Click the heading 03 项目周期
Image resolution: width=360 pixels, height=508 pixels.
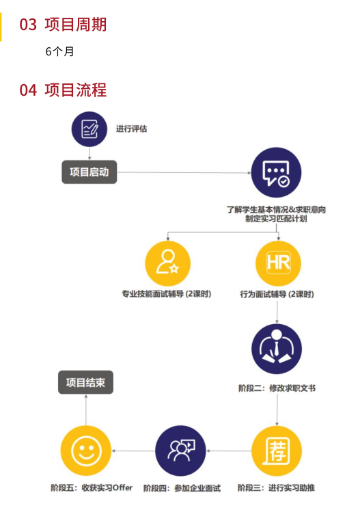(63, 25)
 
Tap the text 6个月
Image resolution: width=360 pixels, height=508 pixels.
(59, 51)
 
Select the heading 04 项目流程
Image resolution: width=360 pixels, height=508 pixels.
(63, 90)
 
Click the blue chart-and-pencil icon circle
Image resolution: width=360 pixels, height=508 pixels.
(89, 129)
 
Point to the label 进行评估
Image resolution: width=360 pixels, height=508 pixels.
(131, 129)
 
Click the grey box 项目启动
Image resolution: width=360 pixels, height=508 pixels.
(89, 172)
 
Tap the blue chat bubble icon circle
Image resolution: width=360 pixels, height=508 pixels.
(276, 172)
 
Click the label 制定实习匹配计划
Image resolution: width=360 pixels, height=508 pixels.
(276, 219)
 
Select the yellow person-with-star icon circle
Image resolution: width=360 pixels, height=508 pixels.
(167, 263)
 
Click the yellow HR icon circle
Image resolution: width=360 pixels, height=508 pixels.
(278, 263)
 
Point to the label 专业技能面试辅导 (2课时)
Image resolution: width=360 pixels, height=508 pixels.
(167, 294)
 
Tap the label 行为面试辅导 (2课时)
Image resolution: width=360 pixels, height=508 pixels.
(277, 294)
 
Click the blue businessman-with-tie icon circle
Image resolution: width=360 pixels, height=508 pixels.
(277, 349)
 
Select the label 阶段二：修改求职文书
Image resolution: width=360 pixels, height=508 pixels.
(277, 388)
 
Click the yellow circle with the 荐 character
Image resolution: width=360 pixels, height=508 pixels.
(277, 451)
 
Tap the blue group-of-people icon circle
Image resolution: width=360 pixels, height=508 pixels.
(180, 451)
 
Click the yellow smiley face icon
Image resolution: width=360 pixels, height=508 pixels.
(86, 451)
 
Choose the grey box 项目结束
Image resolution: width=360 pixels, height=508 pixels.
(86, 382)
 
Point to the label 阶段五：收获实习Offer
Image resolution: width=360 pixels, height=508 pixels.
(92, 487)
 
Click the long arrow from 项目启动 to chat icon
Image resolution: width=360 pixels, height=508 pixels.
(184, 172)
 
